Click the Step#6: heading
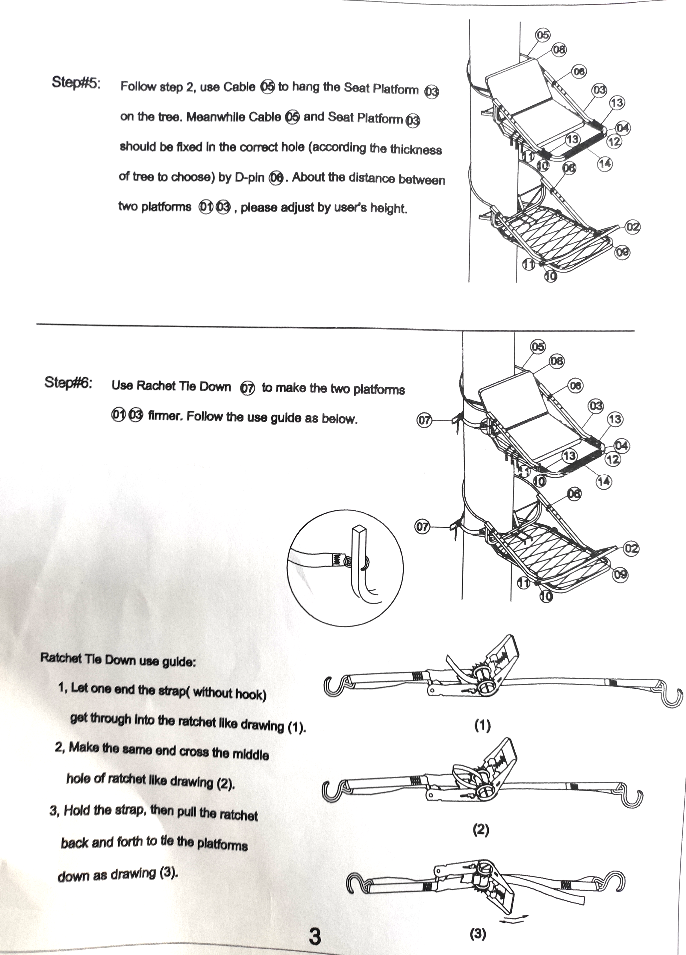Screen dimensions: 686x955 pos(69,383)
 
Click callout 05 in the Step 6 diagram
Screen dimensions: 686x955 pos(537,347)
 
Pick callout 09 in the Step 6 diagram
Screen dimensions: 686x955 pos(620,574)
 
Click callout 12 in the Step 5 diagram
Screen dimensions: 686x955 pos(614,141)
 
